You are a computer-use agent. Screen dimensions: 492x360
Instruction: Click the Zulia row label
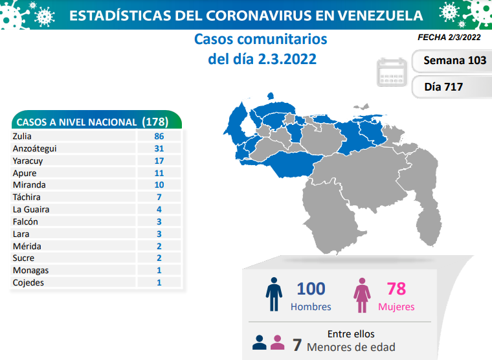22,136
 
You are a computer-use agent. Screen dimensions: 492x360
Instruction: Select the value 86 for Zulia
159,136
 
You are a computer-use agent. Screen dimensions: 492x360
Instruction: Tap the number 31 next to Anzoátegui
159,148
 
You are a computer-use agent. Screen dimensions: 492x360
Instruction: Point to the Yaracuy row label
28,161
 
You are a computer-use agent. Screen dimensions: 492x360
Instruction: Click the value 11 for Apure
159,173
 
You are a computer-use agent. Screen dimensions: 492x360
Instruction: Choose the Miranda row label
29,185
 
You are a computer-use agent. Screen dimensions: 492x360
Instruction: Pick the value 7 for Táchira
159,197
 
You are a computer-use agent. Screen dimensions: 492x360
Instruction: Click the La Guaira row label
31,209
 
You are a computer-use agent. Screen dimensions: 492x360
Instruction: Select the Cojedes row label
28,283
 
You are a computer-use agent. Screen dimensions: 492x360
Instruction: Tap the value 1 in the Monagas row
159,270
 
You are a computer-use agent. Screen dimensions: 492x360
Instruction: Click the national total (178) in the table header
155,122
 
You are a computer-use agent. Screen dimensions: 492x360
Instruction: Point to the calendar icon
392,72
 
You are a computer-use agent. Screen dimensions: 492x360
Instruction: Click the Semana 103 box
452,61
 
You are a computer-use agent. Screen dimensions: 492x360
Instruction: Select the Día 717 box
452,87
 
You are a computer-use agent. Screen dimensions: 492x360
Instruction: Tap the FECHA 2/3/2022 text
449,38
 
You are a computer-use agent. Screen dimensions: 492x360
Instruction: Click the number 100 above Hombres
311,289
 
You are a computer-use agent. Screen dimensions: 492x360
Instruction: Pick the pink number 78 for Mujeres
396,289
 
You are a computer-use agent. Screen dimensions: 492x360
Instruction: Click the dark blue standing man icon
274,295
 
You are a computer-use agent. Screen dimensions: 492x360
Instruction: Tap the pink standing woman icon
362,295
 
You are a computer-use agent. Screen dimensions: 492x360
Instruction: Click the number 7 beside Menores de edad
297,345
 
